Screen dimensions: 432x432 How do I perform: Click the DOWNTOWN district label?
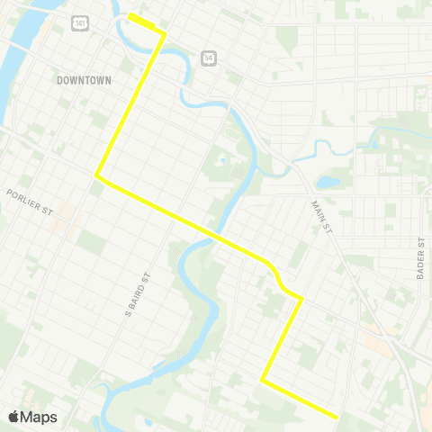[84, 80]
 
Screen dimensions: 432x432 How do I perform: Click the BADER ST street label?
[420, 260]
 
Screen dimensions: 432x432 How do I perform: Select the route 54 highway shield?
[208, 56]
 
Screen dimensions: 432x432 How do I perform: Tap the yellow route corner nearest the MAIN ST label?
[301, 298]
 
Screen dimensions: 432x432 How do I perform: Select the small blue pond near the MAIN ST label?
[327, 182]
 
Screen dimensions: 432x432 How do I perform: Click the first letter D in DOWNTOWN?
[59, 80]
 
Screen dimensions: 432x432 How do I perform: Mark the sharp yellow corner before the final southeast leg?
[263, 380]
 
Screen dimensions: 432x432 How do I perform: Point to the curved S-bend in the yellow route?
[280, 280]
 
